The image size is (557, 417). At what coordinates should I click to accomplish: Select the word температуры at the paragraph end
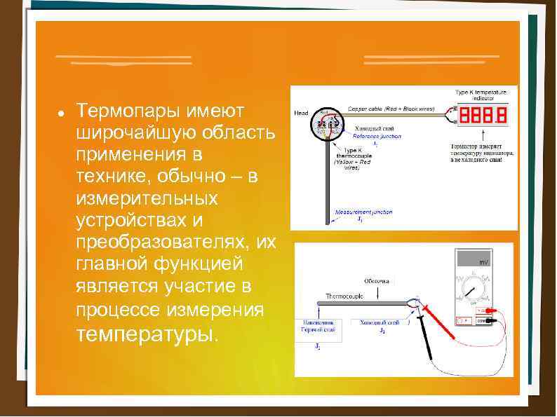click(149, 333)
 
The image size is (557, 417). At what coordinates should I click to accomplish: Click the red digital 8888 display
click(483, 114)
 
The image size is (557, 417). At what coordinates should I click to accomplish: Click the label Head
click(301, 113)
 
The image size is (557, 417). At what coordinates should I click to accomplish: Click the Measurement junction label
click(363, 212)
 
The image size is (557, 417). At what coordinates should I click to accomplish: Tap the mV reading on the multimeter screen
click(483, 262)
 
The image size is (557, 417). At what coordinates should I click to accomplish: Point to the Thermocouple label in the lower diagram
click(344, 296)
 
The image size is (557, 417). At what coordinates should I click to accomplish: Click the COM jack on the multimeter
click(482, 320)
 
